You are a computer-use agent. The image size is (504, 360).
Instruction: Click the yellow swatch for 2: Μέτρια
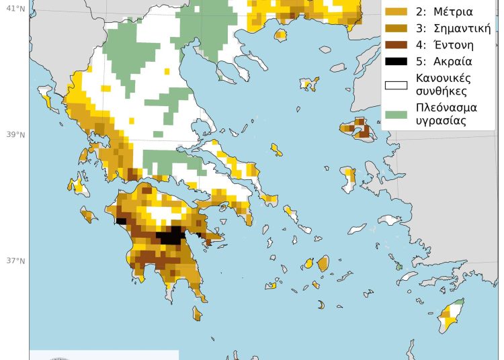click(x=394, y=12)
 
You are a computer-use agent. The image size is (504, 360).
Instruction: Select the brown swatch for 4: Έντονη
click(x=394, y=46)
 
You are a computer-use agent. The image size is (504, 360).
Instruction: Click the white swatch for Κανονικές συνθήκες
click(x=394, y=85)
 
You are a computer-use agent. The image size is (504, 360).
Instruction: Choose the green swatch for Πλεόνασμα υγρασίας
click(x=394, y=115)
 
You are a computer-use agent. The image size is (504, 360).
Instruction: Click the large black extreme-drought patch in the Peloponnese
click(x=171, y=236)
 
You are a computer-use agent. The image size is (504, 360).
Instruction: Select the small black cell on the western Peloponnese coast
click(x=122, y=220)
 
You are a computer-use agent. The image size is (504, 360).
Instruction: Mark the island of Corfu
click(x=47, y=97)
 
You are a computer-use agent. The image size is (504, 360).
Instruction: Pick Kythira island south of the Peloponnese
click(x=197, y=314)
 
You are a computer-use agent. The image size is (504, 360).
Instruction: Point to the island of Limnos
click(x=309, y=84)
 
